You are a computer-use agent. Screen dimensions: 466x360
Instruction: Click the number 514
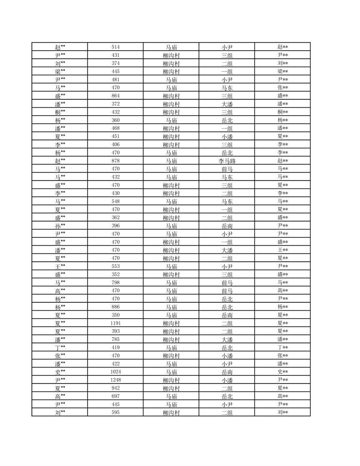point(116,47)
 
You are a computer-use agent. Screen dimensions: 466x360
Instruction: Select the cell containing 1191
point(116,323)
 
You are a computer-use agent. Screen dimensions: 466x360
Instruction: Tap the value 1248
point(116,380)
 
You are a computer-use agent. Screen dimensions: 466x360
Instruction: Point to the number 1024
point(116,372)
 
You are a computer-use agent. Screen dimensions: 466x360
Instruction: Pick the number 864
point(116,96)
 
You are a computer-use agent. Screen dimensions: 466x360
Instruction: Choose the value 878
point(116,161)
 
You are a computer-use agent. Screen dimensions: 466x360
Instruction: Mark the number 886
point(116,307)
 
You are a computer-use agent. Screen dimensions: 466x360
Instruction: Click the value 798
point(116,282)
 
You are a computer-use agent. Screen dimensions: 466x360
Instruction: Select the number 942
point(116,388)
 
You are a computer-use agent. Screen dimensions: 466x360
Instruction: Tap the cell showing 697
point(116,396)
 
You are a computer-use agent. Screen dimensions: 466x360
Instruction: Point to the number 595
point(116,413)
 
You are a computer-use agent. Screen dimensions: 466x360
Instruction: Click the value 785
point(116,339)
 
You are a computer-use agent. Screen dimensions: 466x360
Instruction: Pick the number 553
point(116,266)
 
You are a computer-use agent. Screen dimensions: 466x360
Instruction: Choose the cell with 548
point(116,201)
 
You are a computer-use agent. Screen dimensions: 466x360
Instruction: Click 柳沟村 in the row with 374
point(171,63)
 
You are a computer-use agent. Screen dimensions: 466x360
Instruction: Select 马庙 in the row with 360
point(171,120)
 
